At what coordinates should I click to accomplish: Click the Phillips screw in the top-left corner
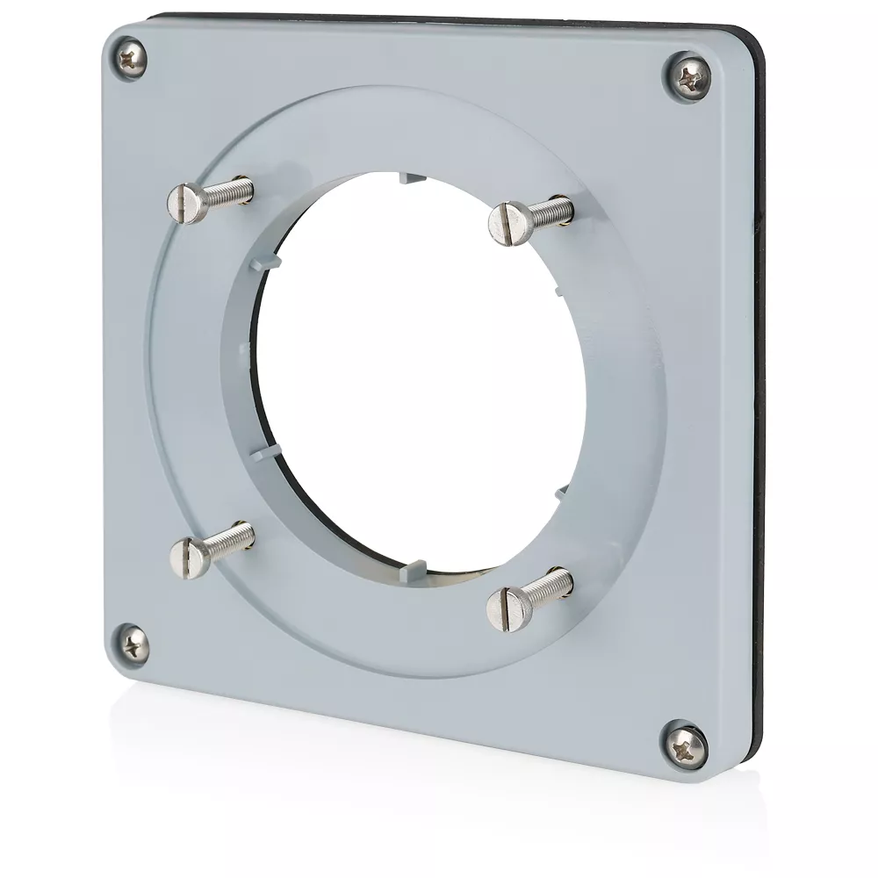pos(130,60)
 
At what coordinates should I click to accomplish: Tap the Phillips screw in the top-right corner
pos(688,76)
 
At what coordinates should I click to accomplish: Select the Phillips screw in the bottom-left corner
pos(132,646)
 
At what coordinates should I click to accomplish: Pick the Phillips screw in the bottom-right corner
pos(685,745)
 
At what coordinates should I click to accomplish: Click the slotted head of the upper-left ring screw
pos(187,203)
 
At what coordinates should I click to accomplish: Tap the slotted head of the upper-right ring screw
pos(510,223)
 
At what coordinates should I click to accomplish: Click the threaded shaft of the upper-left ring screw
pos(230,190)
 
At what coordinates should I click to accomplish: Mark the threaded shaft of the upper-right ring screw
pos(551,210)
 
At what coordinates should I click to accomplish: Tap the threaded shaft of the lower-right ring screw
pos(551,583)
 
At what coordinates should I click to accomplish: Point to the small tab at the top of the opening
pos(409,178)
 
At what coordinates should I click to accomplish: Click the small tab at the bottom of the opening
pos(408,572)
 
